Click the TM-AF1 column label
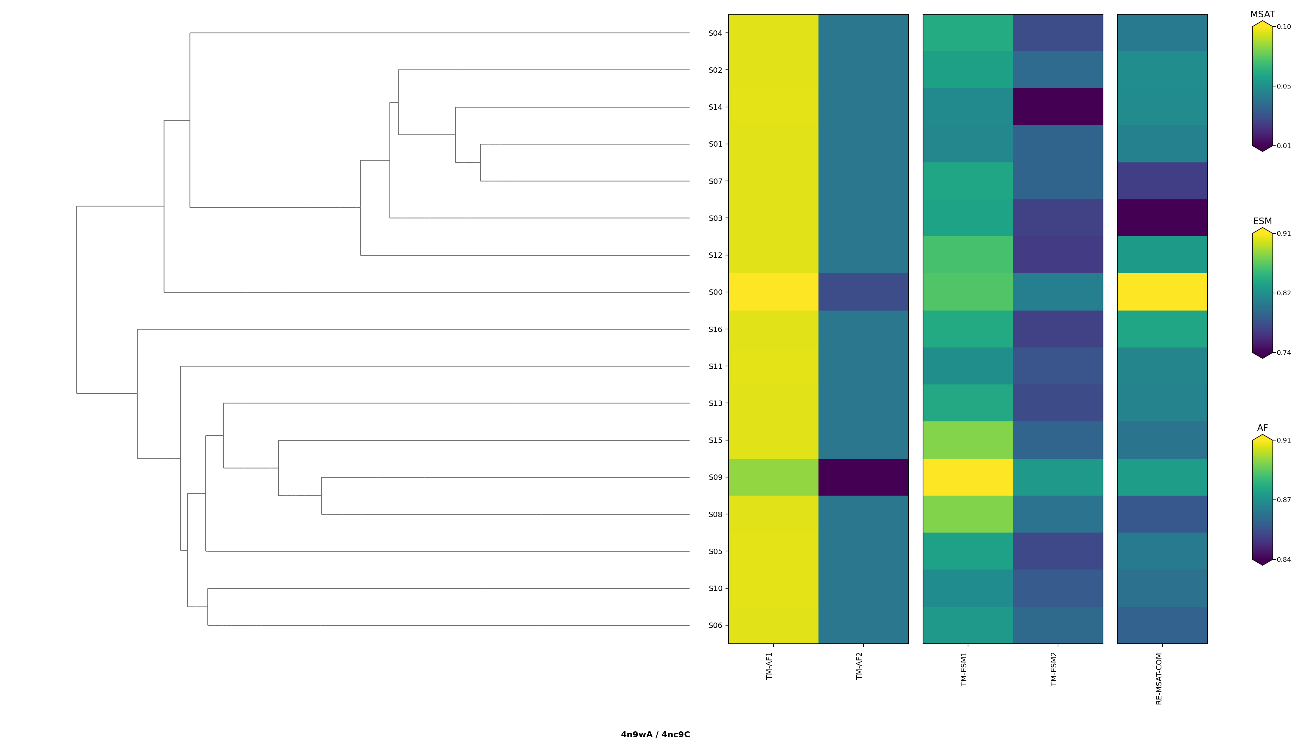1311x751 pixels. [x=769, y=666]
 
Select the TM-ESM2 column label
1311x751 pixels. [x=1054, y=669]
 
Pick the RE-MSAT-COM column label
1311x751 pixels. [x=1159, y=679]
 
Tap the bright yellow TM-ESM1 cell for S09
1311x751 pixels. [x=968, y=477]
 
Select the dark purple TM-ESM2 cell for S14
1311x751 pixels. [x=1057, y=107]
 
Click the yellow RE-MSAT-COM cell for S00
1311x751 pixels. [x=1162, y=292]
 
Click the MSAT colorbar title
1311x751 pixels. [x=1262, y=14]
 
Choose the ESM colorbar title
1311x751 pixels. [x=1262, y=221]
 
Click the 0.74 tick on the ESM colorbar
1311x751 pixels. [x=1284, y=353]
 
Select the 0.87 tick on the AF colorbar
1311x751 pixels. [x=1284, y=500]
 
